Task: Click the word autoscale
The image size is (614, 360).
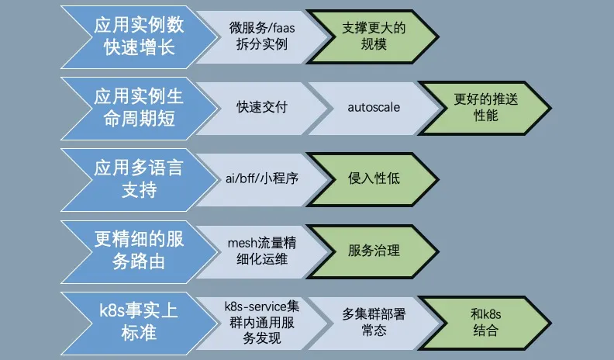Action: point(374,107)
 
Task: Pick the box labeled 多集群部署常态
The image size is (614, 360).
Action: point(374,321)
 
